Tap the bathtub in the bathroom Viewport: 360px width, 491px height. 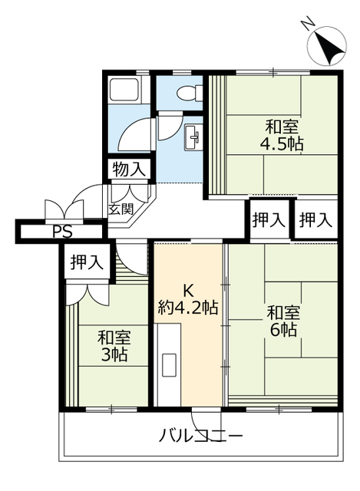point(124,90)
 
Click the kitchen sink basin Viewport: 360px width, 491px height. point(170,365)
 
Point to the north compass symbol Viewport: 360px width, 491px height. point(327,46)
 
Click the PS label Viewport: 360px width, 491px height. point(62,232)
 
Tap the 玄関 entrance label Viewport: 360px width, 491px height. point(121,209)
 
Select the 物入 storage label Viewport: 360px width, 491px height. point(129,170)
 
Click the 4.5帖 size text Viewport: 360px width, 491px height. point(282,144)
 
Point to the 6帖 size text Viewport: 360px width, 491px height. point(284,329)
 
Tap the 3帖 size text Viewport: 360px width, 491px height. point(114,355)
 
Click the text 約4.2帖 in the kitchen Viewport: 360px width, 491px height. point(188,308)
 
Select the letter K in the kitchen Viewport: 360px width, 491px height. point(188,292)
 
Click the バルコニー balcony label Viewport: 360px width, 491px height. point(201,436)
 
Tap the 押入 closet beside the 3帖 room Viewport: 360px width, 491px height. point(87,262)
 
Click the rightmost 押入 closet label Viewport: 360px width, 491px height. point(315,220)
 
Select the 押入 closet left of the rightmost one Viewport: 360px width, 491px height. point(269,220)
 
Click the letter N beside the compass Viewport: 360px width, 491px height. point(307,24)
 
